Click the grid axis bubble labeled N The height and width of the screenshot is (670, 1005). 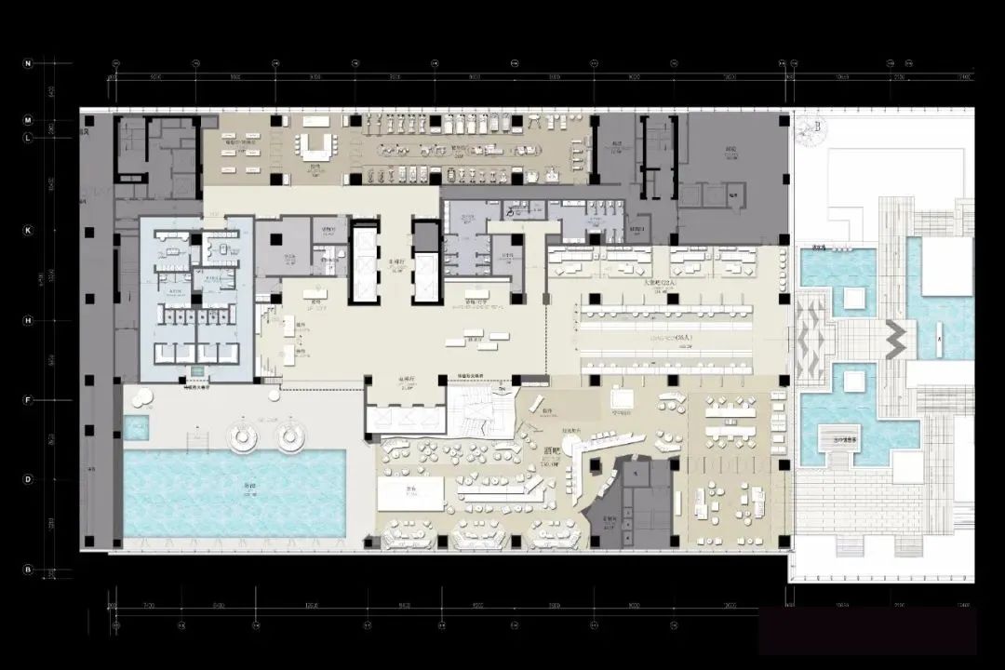click(x=28, y=63)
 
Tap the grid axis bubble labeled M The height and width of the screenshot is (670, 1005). click(x=28, y=121)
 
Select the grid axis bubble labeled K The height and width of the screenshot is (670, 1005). click(x=28, y=230)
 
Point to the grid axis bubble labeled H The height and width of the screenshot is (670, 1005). click(x=28, y=320)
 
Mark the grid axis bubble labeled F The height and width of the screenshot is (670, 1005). click(x=28, y=400)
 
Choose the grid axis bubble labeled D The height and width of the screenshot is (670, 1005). click(x=28, y=479)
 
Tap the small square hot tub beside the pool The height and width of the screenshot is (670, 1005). click(x=136, y=428)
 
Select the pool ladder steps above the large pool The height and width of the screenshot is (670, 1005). click(x=197, y=439)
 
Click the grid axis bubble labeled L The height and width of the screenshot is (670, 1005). click(x=28, y=138)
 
